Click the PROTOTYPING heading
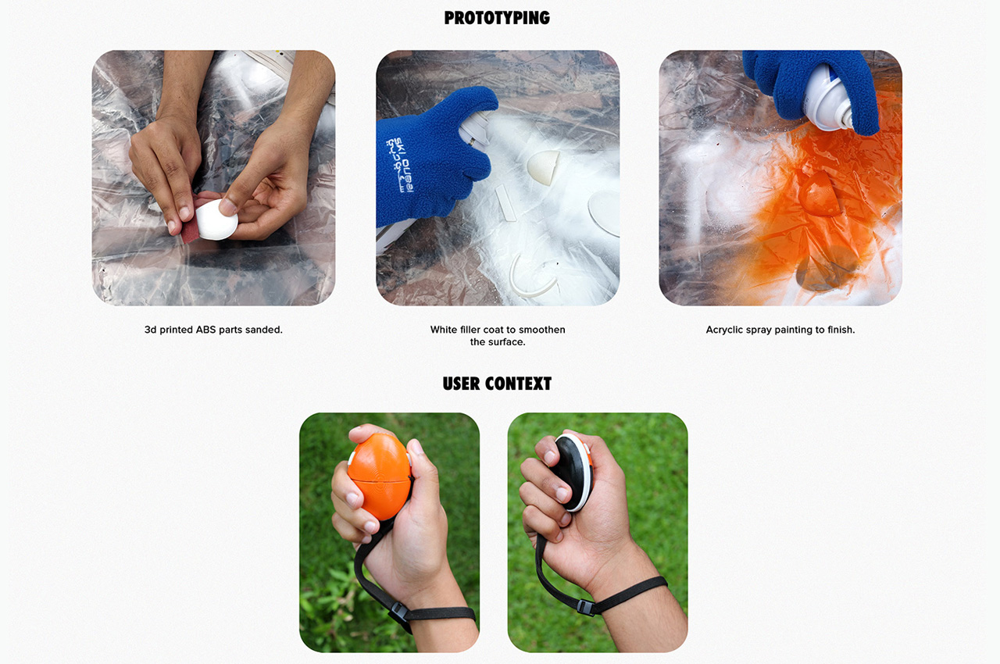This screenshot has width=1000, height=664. [497, 18]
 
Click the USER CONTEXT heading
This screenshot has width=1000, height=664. [497, 384]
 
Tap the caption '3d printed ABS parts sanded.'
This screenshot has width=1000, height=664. [213, 330]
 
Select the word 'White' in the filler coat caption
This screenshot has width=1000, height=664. [444, 330]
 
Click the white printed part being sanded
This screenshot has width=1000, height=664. [216, 220]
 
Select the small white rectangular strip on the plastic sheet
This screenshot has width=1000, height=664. [507, 204]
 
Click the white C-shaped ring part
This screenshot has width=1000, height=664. [530, 277]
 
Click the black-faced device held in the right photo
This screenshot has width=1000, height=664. [575, 473]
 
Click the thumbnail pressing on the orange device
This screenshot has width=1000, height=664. [416, 448]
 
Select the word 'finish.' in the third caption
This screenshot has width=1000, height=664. [838, 330]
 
